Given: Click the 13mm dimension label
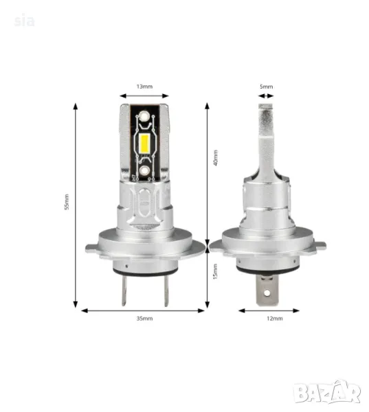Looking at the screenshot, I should (x=144, y=87).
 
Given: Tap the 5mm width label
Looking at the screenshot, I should (x=267, y=87).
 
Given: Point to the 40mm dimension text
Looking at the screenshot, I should (x=215, y=159).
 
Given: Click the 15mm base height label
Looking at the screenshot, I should (x=215, y=273).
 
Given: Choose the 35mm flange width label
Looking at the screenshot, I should (x=144, y=319).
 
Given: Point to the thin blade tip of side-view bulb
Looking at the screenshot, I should (x=267, y=117).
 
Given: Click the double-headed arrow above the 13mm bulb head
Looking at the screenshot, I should (x=144, y=96).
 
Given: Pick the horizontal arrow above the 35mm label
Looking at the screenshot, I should (x=144, y=310).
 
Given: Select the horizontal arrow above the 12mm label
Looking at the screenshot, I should (x=269, y=310).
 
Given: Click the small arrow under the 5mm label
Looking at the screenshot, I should (x=267, y=96).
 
